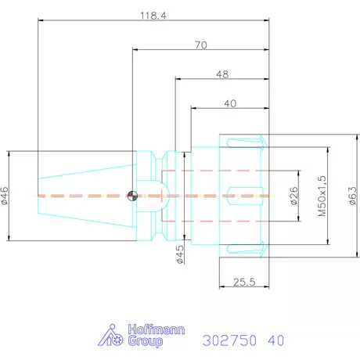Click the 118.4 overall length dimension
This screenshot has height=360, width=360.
click(x=153, y=16)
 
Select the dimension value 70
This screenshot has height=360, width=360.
click(x=201, y=45)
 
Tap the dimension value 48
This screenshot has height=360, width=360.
click(x=222, y=74)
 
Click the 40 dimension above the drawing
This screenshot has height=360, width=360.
click(x=230, y=103)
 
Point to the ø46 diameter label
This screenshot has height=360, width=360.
click(x=5, y=196)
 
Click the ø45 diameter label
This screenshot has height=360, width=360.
click(x=180, y=254)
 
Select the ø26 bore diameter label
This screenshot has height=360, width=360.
click(x=294, y=196)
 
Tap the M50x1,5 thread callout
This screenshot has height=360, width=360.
click(x=322, y=196)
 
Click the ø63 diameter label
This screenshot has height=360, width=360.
click(x=352, y=196)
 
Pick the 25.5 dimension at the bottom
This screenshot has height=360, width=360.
click(x=244, y=282)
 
